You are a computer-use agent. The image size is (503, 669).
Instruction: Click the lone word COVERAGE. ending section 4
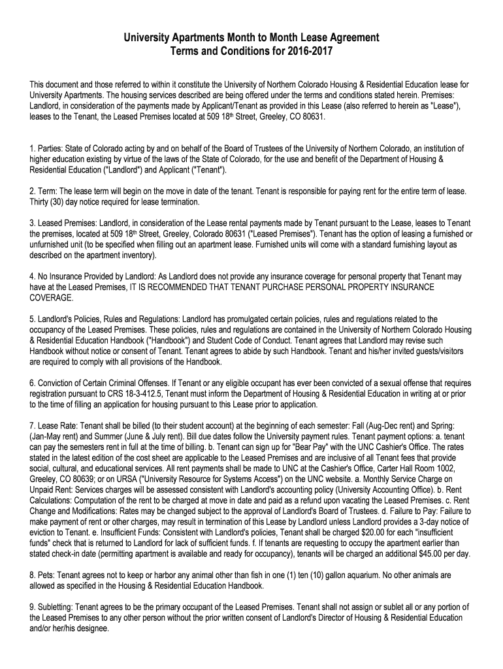point(52,297)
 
